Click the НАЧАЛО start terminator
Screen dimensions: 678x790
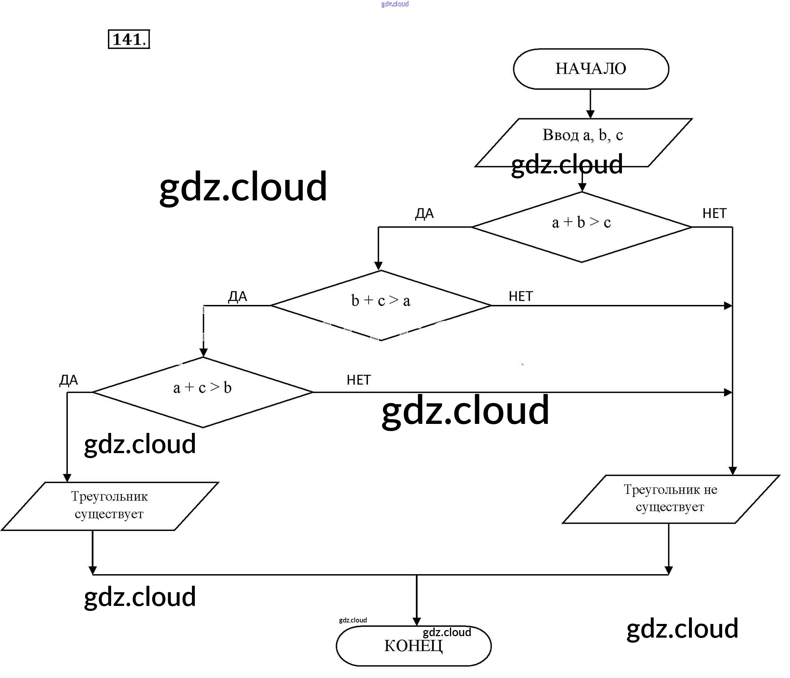pos(591,69)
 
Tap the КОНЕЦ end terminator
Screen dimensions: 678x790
pos(413,646)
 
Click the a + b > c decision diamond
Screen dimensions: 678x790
pos(581,227)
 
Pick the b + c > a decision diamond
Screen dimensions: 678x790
pos(381,305)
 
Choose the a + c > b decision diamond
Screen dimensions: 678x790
pos(202,392)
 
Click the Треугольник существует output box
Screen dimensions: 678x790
pos(109,506)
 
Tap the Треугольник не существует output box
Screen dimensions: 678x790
pos(670,499)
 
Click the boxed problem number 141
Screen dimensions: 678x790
pos(129,39)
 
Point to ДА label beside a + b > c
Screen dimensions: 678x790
pos(424,214)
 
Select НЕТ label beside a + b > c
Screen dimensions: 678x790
pos(714,213)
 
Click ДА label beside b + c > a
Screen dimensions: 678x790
pos(237,296)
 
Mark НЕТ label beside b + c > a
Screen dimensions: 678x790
pos(521,296)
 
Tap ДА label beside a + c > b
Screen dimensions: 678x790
pos(69,380)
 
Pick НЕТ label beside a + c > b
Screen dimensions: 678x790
pos(359,380)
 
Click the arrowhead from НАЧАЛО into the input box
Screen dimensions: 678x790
pos(590,114)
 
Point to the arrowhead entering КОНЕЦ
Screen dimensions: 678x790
pos(417,622)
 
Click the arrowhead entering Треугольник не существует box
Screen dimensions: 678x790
pos(732,471)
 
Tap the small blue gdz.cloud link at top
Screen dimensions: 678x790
pos(395,4)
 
